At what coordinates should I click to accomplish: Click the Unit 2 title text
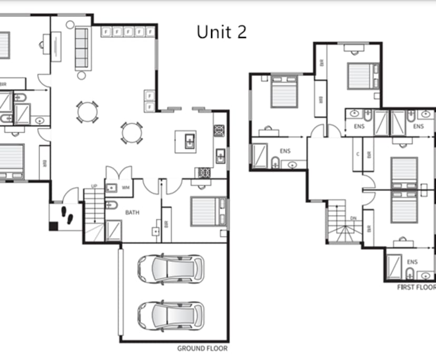222,32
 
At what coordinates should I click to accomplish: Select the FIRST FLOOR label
416,288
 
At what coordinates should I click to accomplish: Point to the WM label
125,187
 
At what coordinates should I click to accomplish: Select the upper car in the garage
171,268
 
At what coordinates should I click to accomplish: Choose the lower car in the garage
171,314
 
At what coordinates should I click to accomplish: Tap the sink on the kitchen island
189,141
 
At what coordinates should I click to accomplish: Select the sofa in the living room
82,48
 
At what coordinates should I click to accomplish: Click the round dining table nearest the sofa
87,112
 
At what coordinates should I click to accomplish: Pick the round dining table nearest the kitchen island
131,133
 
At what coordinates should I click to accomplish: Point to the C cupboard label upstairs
358,154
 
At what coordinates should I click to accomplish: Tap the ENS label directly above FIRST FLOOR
412,262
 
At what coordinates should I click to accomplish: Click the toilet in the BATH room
112,206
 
